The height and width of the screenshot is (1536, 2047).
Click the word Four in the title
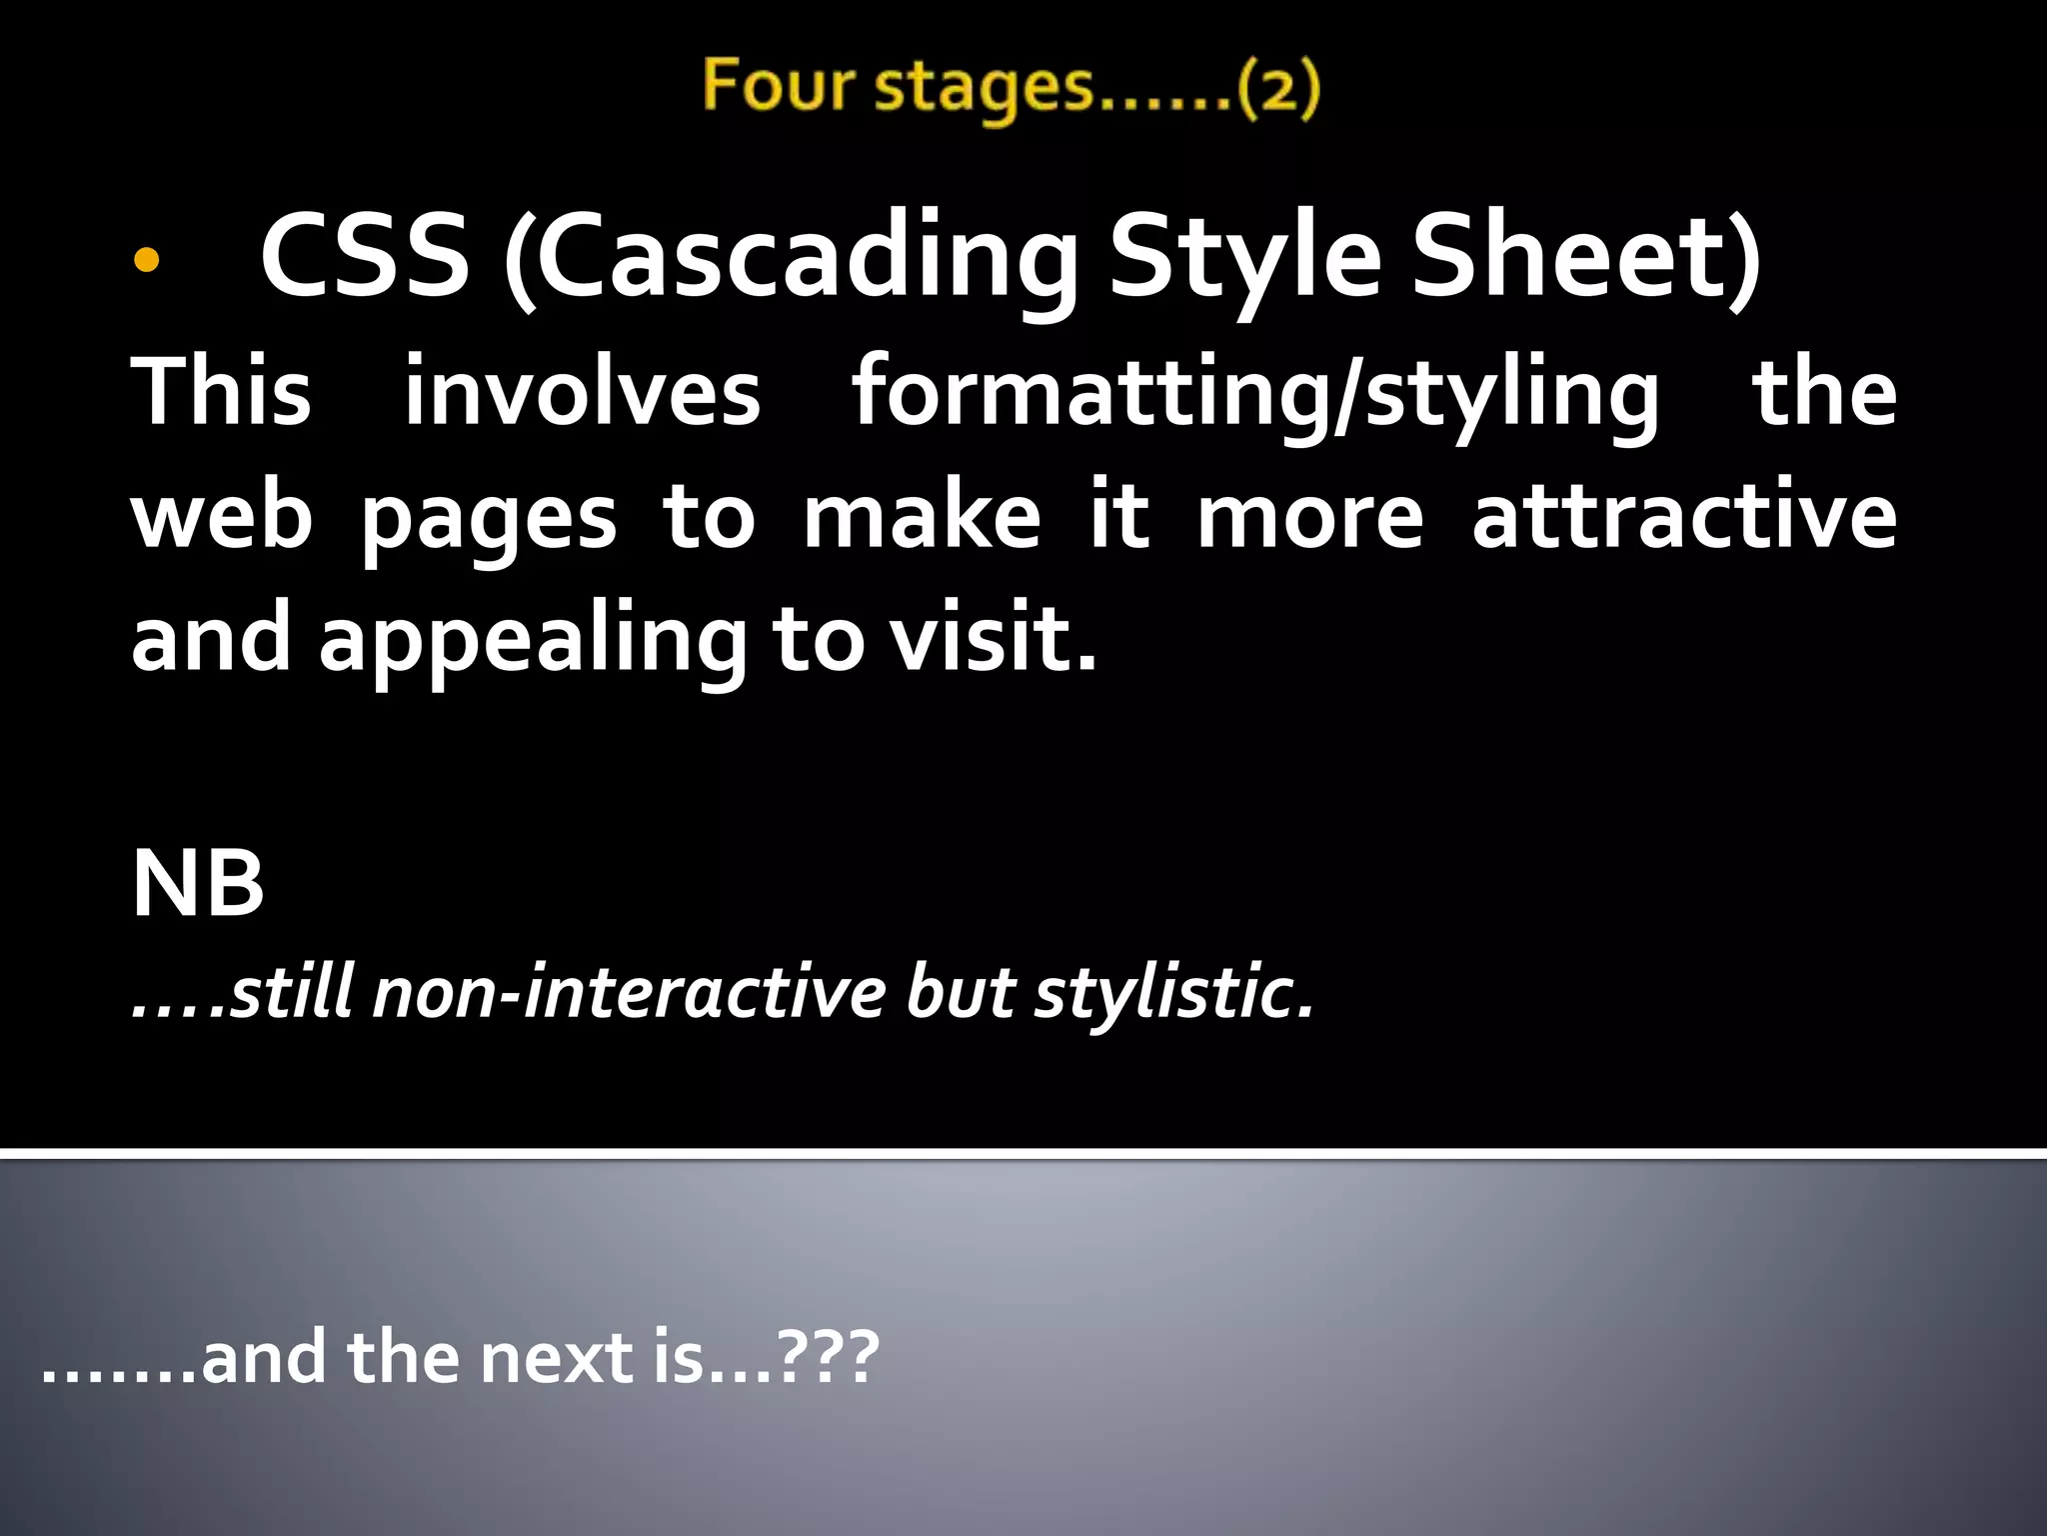tap(778, 86)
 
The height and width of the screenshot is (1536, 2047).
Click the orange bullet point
tap(146, 260)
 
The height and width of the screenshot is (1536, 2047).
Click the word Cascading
tap(791, 258)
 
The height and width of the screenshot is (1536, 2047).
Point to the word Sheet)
tap(1585, 256)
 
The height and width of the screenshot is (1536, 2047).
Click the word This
tap(221, 392)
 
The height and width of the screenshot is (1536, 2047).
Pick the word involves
tap(582, 392)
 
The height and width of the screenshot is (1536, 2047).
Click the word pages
tap(488, 520)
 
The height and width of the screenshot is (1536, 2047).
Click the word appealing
tap(533, 641)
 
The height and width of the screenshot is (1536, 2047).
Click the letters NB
tap(198, 883)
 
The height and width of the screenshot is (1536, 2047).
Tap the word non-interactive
tap(629, 993)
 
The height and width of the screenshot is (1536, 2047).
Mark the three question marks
tap(829, 1358)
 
